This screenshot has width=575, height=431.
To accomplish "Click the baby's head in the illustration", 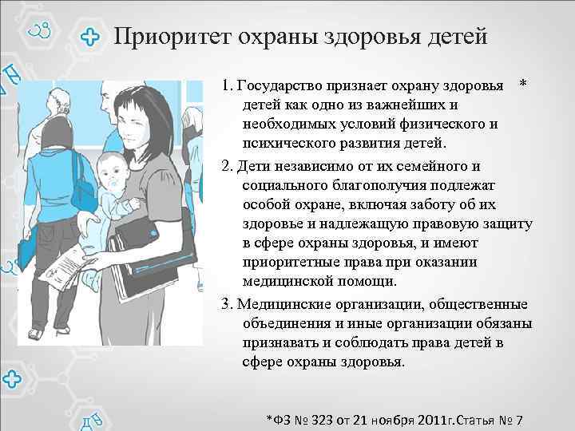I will (x=109, y=171).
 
